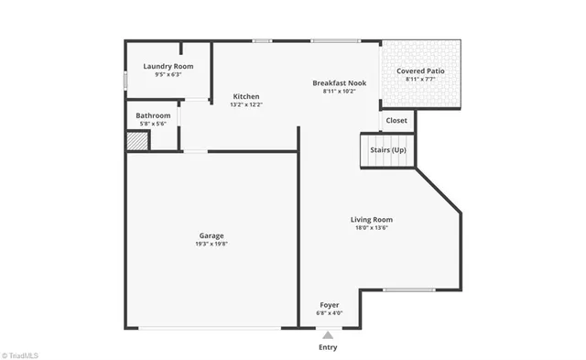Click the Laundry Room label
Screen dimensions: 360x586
click(168, 66)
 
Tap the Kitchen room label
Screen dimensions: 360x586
click(246, 96)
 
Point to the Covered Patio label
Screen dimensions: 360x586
click(421, 71)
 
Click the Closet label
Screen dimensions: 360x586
click(396, 120)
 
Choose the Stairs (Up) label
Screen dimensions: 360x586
click(387, 149)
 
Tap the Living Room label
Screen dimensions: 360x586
click(372, 219)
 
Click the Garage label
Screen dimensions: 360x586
click(211, 235)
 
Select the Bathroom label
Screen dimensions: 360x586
click(153, 115)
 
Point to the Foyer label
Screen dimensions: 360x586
click(330, 304)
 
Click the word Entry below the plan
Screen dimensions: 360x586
click(328, 347)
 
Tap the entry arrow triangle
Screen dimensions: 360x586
click(328, 335)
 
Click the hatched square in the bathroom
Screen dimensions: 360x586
click(136, 141)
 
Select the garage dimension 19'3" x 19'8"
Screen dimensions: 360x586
click(211, 244)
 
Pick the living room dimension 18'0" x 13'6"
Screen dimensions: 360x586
click(372, 227)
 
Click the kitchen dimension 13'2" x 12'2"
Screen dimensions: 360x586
click(246, 104)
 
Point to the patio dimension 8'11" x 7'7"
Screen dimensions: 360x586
click(421, 79)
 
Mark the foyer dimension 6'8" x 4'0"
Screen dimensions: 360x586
click(330, 312)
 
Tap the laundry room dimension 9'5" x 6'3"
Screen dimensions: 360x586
click(168, 74)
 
